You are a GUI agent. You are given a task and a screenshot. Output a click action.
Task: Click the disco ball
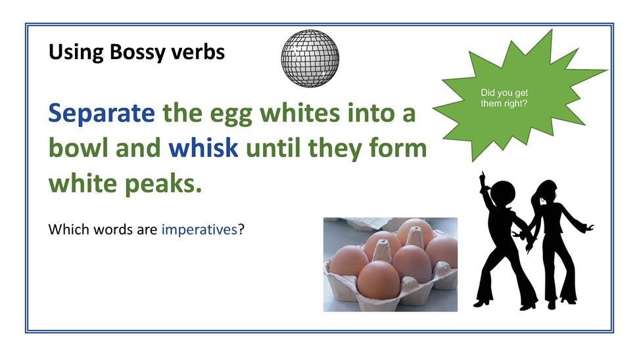pos(310,58)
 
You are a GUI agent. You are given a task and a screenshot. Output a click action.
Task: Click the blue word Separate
pos(101,113)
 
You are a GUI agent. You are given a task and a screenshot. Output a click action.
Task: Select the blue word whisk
pos(203,148)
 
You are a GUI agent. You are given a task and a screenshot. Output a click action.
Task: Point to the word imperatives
pos(199,230)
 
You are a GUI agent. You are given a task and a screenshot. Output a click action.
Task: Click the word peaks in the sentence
pos(163,184)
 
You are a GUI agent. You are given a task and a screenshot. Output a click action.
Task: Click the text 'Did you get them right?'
pos(504,98)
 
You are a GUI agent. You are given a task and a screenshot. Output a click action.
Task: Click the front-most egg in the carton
pos(379,280)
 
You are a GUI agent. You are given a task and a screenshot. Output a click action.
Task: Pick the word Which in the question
pos(68,229)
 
